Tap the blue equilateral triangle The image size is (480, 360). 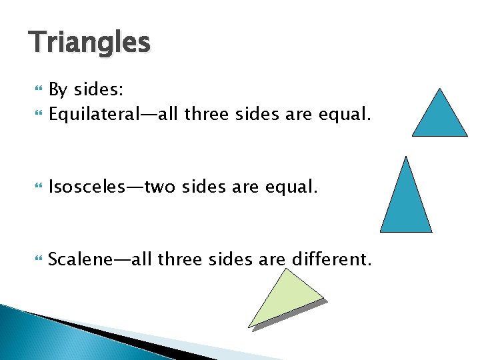click(x=439, y=118)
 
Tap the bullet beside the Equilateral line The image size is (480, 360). click(x=37, y=115)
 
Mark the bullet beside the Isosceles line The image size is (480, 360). click(x=37, y=188)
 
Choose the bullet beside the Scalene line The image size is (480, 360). click(x=37, y=259)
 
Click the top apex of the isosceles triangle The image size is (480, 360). click(x=406, y=158)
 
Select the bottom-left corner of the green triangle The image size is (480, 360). click(x=249, y=326)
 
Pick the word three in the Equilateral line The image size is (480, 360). click(x=208, y=115)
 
